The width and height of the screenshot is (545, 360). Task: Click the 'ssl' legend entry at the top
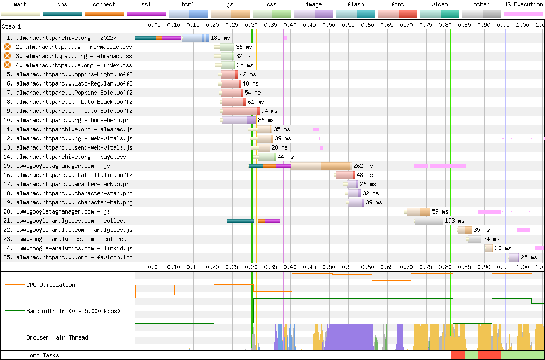[146, 4]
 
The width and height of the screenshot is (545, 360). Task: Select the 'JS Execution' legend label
[523, 4]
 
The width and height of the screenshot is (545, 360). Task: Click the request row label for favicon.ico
[74, 257]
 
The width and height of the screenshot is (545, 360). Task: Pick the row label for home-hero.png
[74, 120]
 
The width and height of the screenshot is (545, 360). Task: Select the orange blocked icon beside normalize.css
[8, 47]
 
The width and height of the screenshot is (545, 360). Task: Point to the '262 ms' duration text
[363, 166]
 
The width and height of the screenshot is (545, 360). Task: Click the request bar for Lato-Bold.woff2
[240, 111]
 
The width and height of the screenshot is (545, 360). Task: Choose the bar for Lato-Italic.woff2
[345, 175]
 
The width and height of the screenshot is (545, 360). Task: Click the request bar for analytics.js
[464, 230]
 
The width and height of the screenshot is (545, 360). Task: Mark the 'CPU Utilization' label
[51, 285]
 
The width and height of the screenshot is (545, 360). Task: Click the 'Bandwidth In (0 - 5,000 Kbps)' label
[73, 311]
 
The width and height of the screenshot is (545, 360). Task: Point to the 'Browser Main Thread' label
[57, 337]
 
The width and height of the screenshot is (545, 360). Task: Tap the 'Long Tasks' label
[43, 355]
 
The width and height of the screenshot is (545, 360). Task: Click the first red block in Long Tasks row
[458, 355]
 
